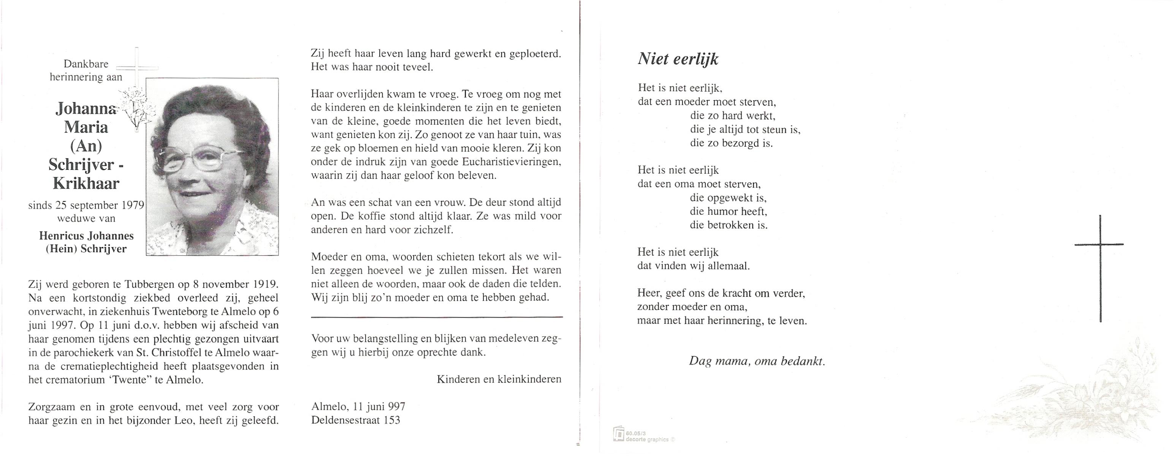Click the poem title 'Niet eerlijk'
pos(678,59)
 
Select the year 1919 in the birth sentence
pos(265,285)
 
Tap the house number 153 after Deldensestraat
pos(391,420)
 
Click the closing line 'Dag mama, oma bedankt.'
pos(757,361)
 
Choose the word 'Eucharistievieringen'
pos(511,162)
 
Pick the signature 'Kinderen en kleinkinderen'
pos(499,379)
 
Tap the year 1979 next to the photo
pos(133,206)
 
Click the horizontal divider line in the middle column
pos(436,317)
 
